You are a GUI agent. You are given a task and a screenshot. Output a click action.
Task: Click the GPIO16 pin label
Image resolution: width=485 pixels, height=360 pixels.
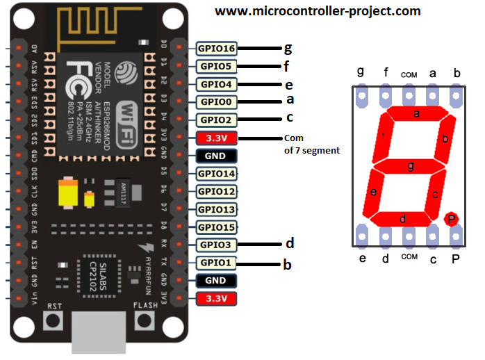pos(216,49)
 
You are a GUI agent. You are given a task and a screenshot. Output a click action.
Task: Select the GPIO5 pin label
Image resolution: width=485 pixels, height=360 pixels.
pos(216,67)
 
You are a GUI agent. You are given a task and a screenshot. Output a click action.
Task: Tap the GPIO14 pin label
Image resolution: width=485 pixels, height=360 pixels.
pos(216,174)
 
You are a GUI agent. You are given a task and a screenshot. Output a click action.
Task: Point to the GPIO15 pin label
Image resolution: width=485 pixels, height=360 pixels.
pos(216,227)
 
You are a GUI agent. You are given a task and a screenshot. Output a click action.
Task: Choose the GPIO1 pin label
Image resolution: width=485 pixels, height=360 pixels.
pos(216,263)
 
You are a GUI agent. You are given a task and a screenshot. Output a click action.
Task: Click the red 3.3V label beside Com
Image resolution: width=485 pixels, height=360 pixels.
pos(216,138)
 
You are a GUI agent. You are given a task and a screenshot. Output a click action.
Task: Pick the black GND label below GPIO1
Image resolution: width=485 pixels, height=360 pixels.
pos(216,281)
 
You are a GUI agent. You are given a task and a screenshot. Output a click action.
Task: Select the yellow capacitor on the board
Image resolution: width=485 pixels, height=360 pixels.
pos(69,193)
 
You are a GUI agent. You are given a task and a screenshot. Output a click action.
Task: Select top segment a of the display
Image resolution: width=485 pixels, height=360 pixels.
pos(416,113)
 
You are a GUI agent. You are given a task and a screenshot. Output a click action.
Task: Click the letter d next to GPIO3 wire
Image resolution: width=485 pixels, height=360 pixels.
pos(290,243)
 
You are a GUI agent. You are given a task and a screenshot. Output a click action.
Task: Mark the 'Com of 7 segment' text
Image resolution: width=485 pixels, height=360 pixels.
pos(311,143)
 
